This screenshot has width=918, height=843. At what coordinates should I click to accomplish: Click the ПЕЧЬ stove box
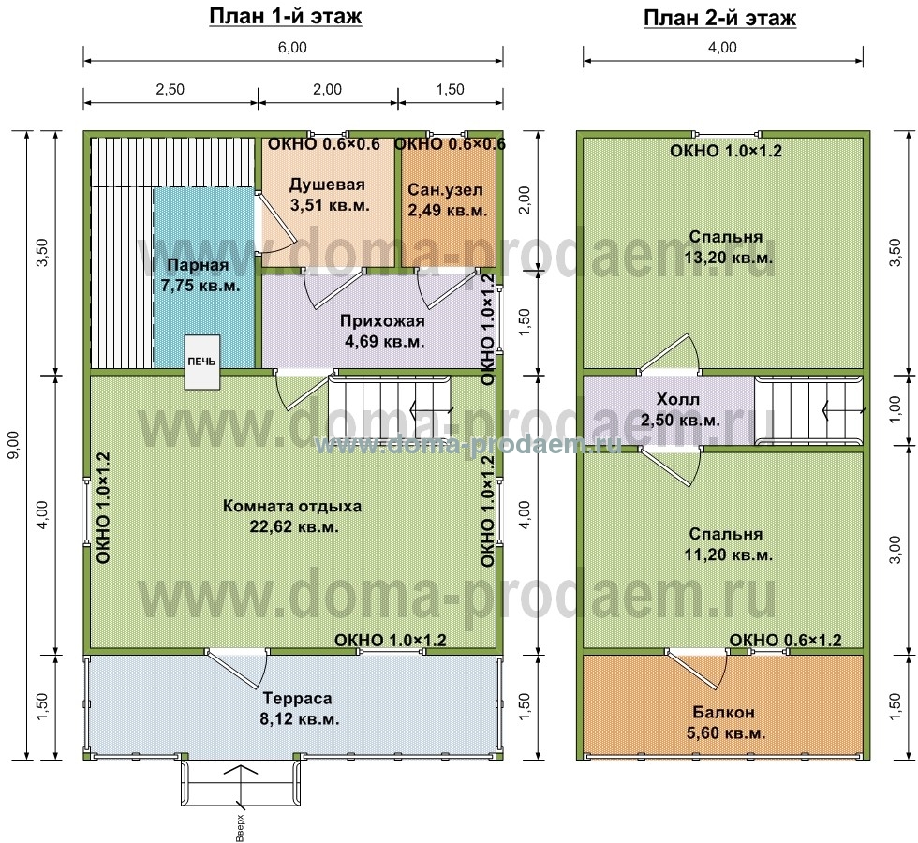(x=202, y=362)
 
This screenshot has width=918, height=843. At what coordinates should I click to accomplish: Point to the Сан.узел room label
(x=448, y=200)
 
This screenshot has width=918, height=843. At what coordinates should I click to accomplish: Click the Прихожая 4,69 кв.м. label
(x=384, y=331)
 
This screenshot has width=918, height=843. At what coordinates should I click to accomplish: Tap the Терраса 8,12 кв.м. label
(x=299, y=708)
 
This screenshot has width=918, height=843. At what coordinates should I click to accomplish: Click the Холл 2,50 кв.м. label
(x=680, y=410)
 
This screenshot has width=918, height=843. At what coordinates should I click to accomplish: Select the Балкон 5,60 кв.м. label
(x=725, y=722)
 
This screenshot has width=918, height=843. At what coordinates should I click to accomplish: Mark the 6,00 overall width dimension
(x=292, y=48)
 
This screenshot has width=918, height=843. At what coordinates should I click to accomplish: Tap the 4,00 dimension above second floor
(x=722, y=48)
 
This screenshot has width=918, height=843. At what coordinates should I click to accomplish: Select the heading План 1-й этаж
(x=286, y=17)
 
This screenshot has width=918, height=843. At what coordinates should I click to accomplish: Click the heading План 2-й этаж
(x=719, y=18)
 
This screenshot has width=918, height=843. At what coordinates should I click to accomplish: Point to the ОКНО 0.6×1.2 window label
(x=785, y=640)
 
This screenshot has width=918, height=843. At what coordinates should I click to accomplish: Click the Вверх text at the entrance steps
(x=240, y=828)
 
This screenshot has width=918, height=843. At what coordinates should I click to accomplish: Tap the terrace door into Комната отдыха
(x=237, y=668)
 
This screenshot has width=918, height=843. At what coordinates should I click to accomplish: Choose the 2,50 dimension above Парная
(x=170, y=90)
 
